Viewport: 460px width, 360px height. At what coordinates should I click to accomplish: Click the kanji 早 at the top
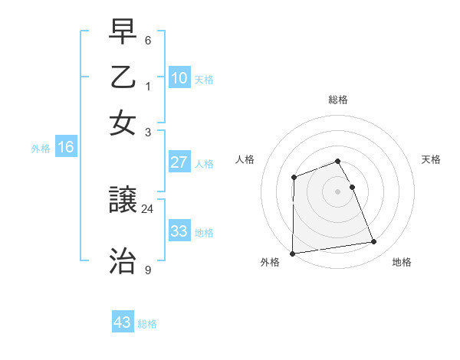point(123,31)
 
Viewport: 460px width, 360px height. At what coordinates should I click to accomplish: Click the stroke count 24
point(148,208)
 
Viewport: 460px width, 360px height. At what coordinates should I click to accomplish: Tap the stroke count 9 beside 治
point(148,270)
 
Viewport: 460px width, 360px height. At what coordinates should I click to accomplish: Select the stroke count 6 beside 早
point(148,40)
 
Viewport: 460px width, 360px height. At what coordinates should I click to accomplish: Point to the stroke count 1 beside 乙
point(148,86)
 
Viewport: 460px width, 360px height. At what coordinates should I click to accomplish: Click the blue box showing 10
point(179,77)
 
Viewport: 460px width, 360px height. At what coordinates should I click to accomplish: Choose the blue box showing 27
point(179,162)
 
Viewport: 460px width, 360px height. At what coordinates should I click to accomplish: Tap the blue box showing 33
point(179,231)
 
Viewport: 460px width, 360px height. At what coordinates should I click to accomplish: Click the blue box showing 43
point(122,322)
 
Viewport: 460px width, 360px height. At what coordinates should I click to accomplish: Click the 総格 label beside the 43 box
point(147,324)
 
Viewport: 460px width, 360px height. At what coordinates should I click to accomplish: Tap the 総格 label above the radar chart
point(337,100)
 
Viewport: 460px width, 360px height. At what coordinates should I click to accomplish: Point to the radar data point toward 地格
point(374,242)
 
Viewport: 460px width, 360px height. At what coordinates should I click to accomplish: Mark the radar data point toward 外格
point(292,254)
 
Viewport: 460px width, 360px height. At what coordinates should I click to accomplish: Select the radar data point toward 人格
point(294,178)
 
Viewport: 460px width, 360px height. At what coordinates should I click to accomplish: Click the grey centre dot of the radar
point(337,191)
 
